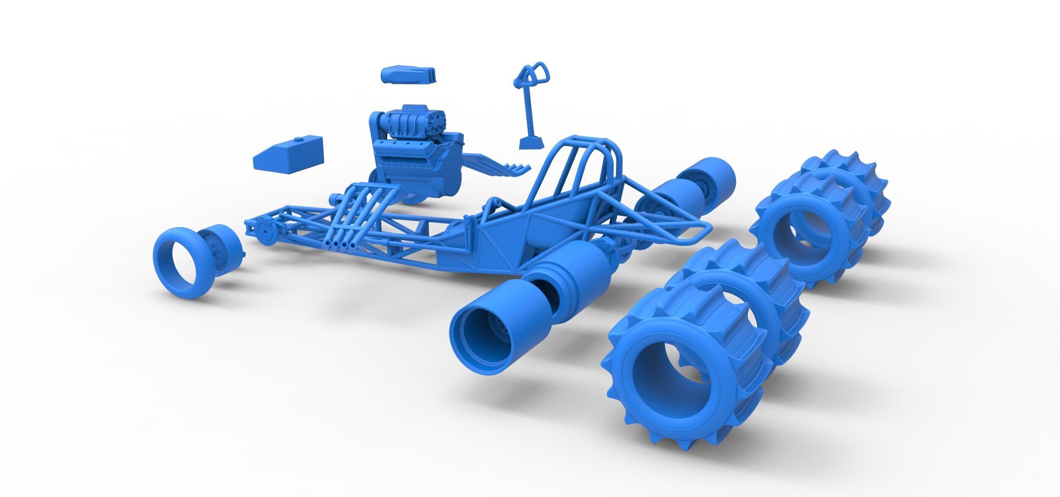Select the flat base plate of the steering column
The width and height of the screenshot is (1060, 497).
coord(531,143)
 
